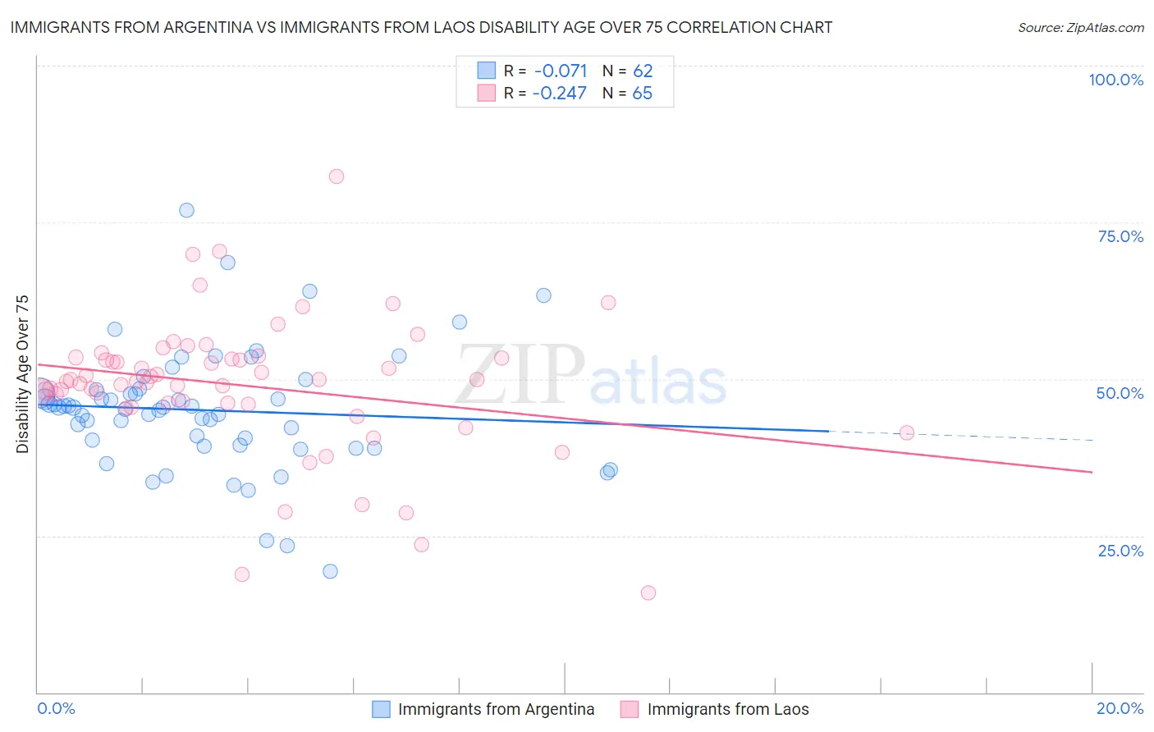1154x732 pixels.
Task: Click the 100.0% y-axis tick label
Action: tap(1115, 80)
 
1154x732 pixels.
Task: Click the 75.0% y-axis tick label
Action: tap(1120, 236)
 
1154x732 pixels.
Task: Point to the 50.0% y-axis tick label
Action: tap(1120, 393)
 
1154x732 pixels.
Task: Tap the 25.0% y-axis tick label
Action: tap(1120, 551)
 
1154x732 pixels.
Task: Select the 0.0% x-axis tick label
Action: tap(56, 708)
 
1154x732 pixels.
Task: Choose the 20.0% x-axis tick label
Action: tap(1120, 708)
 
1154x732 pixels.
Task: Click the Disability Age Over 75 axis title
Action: tap(23, 374)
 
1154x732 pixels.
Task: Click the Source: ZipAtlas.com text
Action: tap(1080, 28)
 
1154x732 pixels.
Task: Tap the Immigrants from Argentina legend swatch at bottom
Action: tap(381, 709)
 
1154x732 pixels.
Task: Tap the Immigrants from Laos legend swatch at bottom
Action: tap(630, 709)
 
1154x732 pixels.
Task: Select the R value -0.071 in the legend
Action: tap(560, 71)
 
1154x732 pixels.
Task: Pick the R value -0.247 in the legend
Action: tap(559, 93)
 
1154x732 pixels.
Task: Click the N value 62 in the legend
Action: tap(643, 71)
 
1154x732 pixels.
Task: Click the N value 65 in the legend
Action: tap(643, 93)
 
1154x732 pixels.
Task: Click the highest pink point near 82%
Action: tap(336, 176)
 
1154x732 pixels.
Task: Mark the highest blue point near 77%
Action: tap(186, 210)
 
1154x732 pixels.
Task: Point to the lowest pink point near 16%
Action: tap(648, 592)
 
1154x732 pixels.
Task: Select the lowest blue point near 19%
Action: tap(330, 571)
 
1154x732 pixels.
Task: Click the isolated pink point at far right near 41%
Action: tap(907, 432)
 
